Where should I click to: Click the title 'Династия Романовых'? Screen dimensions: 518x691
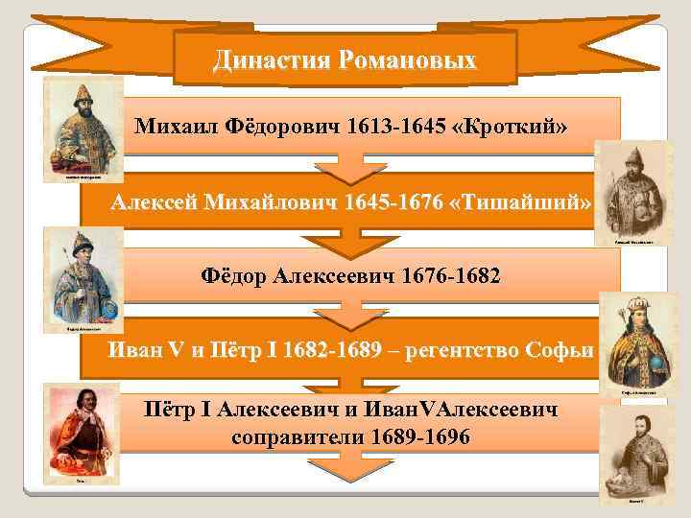tap(345, 60)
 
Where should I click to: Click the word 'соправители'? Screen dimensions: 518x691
tap(294, 436)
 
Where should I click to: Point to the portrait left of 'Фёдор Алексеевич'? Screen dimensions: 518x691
tap(81, 278)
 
